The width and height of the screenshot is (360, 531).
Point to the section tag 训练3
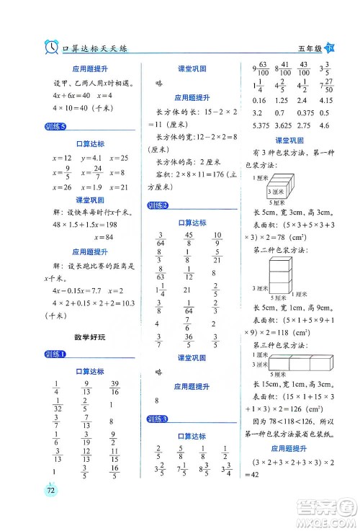(157, 419)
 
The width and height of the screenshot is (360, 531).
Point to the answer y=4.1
(91, 158)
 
